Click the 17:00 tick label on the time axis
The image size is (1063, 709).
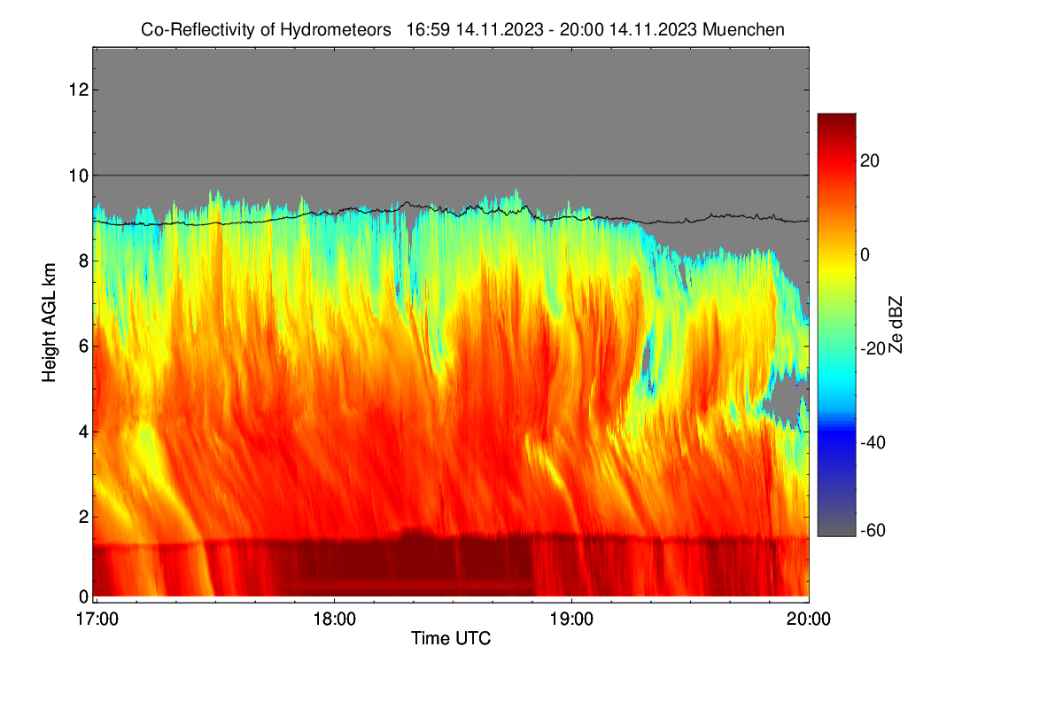pyautogui.click(x=97, y=619)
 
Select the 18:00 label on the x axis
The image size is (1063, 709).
pyautogui.click(x=334, y=619)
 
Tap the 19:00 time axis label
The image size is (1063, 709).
pyautogui.click(x=571, y=619)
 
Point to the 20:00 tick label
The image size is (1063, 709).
pyautogui.click(x=809, y=619)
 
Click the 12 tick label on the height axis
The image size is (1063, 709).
pyautogui.click(x=79, y=90)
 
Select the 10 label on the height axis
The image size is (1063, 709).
pyautogui.click(x=79, y=175)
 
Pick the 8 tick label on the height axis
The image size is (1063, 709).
pyautogui.click(x=83, y=261)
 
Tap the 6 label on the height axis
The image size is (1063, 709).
pyautogui.click(x=83, y=347)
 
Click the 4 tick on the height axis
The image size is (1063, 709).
pyautogui.click(x=83, y=432)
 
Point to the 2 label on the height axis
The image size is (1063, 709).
pyautogui.click(x=83, y=517)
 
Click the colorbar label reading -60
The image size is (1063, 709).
pyautogui.click(x=873, y=531)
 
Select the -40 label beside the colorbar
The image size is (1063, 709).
pyautogui.click(x=873, y=442)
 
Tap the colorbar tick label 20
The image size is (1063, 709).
pyautogui.click(x=869, y=161)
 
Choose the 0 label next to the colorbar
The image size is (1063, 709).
pyautogui.click(x=865, y=255)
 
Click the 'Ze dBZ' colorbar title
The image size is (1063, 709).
pyautogui.click(x=895, y=325)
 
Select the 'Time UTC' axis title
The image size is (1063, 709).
pyautogui.click(x=451, y=638)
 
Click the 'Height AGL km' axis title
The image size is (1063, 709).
pyautogui.click(x=49, y=323)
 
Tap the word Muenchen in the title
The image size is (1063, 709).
pyautogui.click(x=743, y=30)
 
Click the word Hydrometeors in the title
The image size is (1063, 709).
pyautogui.click(x=336, y=30)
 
